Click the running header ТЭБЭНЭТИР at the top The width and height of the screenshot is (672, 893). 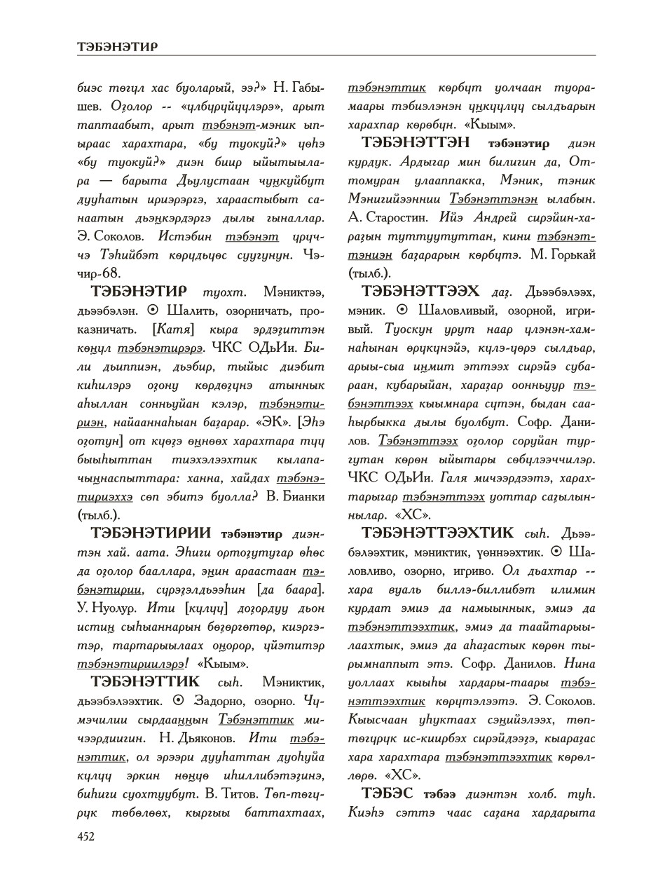(x=116, y=47)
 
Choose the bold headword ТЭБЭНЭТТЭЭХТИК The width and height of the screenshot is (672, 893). (x=438, y=533)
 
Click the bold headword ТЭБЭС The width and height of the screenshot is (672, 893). (x=388, y=793)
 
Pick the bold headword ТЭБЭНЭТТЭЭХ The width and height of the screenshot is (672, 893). (x=421, y=291)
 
